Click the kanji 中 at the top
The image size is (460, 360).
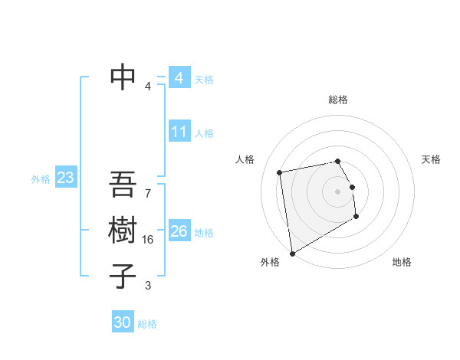tap(123, 76)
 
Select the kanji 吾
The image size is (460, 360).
tap(123, 185)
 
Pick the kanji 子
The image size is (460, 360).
tap(123, 275)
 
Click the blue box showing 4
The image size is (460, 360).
tap(179, 78)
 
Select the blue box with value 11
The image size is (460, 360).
tap(179, 132)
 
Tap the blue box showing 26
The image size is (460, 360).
tap(179, 231)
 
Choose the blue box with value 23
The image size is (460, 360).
tap(65, 178)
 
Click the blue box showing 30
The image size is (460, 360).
tap(122, 322)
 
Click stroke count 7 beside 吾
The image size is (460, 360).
tap(148, 186)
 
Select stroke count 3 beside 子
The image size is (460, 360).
tap(148, 286)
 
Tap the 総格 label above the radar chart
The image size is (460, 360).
tap(338, 100)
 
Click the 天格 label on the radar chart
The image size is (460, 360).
tap(431, 159)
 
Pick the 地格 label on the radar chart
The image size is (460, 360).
tap(402, 262)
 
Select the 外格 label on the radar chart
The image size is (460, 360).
tap(270, 262)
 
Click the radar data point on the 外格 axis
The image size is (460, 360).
tap(291, 254)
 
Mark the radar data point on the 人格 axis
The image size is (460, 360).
tap(280, 172)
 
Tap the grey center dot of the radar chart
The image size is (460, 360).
tap(338, 191)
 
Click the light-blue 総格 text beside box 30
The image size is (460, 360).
tap(147, 324)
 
